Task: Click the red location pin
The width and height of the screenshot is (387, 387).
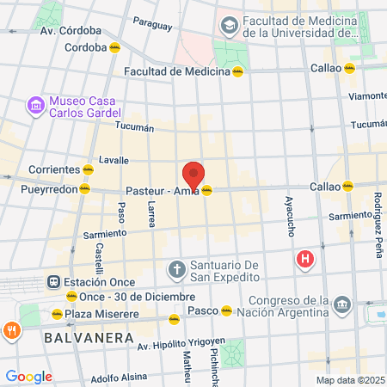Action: click(x=193, y=175)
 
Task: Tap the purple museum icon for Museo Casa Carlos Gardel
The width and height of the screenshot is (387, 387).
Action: click(x=36, y=106)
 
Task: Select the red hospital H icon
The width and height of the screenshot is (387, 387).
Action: click(x=304, y=257)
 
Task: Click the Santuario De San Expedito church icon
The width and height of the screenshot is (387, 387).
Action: click(x=176, y=269)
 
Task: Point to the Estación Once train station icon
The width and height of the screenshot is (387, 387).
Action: click(x=53, y=281)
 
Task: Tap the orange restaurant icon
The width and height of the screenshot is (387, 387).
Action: click(x=11, y=329)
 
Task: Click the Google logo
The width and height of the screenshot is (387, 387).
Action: click(x=28, y=376)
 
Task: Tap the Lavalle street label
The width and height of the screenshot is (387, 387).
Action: click(x=114, y=160)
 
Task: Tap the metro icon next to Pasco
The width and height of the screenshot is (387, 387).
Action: click(x=226, y=310)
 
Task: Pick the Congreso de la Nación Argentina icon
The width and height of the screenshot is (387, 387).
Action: click(x=342, y=304)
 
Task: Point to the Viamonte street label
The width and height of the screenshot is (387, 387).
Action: click(x=368, y=95)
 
